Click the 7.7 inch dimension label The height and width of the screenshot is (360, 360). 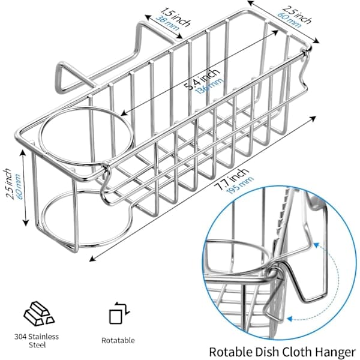[233, 179]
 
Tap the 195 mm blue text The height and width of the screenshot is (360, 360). [240, 186]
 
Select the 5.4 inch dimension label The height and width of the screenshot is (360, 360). [202, 79]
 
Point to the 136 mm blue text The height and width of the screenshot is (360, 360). [209, 86]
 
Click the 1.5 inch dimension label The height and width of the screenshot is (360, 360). [175, 17]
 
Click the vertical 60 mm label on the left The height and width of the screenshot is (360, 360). [17, 187]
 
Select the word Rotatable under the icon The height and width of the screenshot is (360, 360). [118, 340]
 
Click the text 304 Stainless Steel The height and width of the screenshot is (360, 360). [37, 341]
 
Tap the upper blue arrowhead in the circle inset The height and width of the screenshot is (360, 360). [317, 245]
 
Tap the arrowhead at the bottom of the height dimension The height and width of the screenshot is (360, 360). [26, 223]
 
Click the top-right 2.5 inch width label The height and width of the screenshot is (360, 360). [297, 14]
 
